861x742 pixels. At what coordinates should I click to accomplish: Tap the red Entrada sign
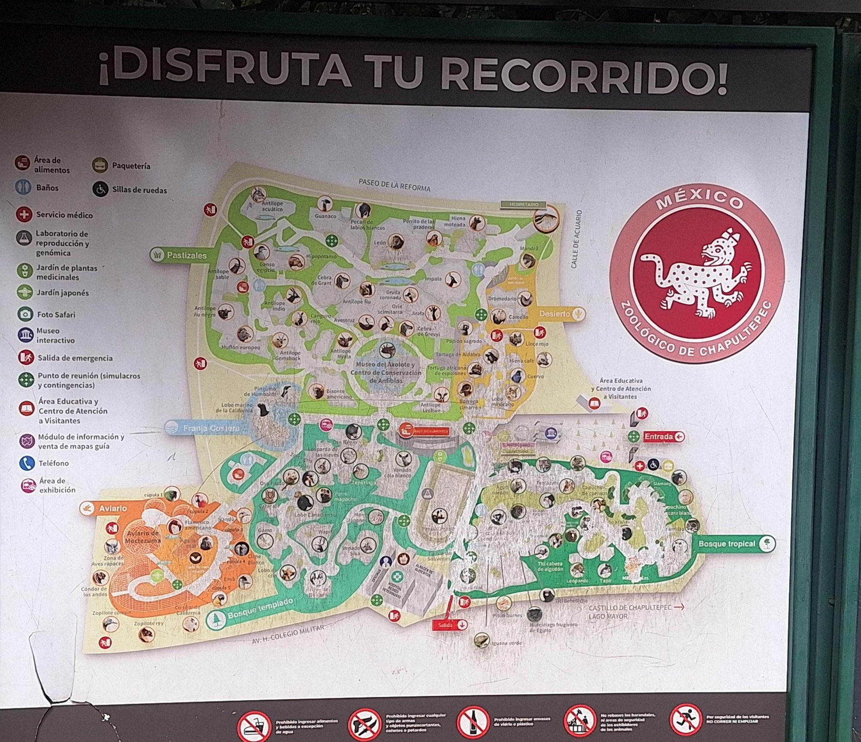tap(663, 437)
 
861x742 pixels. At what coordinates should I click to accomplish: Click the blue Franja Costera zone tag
tap(204, 428)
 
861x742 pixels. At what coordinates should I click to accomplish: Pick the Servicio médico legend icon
tap(24, 214)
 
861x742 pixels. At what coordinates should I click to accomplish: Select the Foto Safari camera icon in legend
tap(25, 314)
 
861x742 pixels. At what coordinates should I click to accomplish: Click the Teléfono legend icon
tap(27, 463)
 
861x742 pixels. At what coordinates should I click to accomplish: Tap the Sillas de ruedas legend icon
tap(100, 189)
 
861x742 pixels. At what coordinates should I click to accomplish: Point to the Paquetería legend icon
tap(100, 165)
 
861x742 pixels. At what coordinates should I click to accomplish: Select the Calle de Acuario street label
tap(577, 239)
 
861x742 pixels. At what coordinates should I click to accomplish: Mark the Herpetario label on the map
tap(523, 205)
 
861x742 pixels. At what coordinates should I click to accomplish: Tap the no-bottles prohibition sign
tap(473, 721)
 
